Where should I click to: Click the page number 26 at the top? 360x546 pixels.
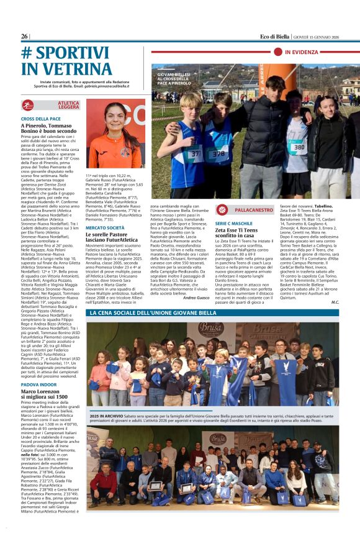coord(25,37)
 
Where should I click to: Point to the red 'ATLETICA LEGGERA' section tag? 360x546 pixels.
coord(68,106)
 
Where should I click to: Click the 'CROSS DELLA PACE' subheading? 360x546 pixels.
coord(41,118)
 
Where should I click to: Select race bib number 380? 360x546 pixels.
coord(299,148)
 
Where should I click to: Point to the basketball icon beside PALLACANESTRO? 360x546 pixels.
coord(222,210)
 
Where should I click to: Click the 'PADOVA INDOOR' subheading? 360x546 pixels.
coord(39,384)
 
